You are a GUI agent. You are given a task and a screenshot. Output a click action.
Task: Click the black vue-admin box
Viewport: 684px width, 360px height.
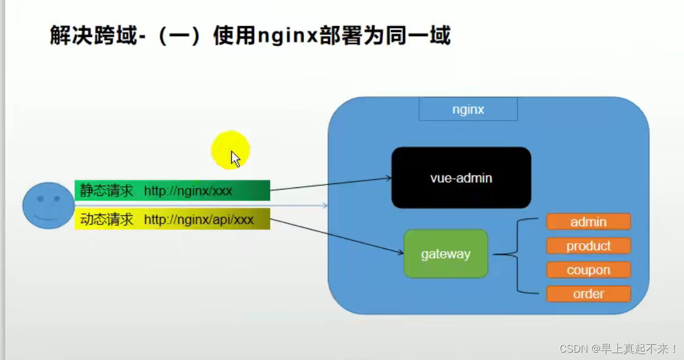461,178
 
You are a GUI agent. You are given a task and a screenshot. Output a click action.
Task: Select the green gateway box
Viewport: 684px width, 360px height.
445,253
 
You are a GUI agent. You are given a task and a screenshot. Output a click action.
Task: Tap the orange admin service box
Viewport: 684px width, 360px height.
589,221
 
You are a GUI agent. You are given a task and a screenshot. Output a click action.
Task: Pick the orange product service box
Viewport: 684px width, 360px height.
589,246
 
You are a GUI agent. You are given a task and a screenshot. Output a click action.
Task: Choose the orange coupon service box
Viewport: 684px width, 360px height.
589,270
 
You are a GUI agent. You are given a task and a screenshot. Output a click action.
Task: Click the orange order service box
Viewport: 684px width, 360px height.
589,294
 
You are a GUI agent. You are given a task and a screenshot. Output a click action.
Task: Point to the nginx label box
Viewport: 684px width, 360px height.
468,109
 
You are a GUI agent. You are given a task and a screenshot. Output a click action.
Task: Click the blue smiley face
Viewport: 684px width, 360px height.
48,206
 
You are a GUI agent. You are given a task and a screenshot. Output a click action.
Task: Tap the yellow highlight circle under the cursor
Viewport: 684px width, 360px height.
230,150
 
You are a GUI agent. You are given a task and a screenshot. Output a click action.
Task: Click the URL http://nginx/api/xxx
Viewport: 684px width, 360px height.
199,220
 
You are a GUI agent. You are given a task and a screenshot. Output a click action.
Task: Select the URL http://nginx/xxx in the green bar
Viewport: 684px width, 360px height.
188,191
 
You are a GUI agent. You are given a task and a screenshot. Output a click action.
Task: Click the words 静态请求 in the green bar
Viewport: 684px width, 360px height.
107,191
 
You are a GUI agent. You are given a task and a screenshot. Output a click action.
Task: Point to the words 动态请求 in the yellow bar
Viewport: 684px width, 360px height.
107,219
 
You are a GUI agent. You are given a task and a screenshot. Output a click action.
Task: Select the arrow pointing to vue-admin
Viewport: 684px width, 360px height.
331,184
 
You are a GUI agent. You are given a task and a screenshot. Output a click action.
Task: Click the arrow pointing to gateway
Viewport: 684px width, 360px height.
337,236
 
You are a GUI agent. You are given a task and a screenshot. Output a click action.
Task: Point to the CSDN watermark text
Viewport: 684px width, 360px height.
618,349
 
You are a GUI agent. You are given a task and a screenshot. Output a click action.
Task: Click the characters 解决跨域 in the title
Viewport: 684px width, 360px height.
93,35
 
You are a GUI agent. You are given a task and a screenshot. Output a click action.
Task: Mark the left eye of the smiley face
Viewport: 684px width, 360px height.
40,199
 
